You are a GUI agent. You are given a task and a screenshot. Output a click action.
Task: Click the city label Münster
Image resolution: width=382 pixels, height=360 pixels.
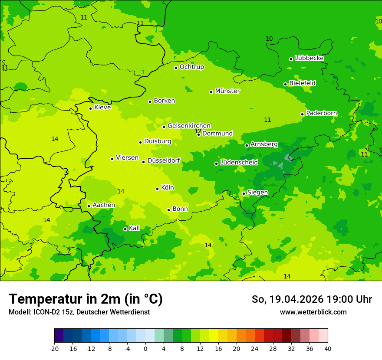click(x=227, y=91)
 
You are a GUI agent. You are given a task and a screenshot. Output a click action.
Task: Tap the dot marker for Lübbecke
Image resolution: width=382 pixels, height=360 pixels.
click(x=291, y=59)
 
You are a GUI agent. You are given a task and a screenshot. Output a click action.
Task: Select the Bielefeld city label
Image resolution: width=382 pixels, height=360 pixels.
click(x=303, y=83)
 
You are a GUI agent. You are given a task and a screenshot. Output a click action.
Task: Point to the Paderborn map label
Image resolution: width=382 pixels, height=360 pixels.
click(x=322, y=113)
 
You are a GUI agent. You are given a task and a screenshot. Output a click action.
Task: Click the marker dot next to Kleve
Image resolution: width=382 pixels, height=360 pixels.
click(x=90, y=108)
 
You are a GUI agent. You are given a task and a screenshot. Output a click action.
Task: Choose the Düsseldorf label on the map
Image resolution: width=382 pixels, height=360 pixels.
click(x=164, y=160)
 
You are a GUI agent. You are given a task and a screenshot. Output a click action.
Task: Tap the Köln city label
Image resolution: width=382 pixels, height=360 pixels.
click(x=167, y=188)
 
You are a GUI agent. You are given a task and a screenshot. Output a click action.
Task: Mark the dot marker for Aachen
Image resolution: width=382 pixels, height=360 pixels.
click(x=89, y=206)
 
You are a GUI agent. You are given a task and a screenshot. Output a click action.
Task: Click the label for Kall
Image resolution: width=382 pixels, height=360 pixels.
click(x=135, y=228)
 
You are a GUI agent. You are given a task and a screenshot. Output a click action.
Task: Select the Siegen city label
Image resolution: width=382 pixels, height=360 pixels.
click(x=257, y=193)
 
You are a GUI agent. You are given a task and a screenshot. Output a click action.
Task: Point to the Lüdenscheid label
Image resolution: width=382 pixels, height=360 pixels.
click(x=239, y=163)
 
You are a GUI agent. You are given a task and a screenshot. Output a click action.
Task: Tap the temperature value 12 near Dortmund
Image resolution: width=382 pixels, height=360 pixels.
click(x=198, y=131)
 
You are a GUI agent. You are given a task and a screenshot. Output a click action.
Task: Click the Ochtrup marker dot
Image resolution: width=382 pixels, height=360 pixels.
click(x=176, y=68)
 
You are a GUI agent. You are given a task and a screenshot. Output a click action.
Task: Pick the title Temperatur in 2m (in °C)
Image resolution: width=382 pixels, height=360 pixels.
click(x=86, y=299)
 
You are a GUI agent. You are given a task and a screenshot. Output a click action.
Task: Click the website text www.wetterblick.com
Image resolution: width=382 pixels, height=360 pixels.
click(x=313, y=312)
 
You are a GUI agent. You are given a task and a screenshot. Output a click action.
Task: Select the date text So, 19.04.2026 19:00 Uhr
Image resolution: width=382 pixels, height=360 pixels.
click(x=312, y=299)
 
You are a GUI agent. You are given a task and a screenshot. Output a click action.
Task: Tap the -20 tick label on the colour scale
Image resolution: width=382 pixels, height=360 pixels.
click(x=54, y=349)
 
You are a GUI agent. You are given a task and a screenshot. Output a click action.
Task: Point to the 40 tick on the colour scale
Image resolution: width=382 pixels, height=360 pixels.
click(x=328, y=349)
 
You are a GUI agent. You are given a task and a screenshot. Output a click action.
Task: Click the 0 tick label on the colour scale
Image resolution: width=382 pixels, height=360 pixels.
click(x=145, y=349)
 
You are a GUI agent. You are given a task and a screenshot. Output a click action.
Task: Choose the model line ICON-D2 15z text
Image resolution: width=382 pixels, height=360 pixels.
click(x=79, y=312)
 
